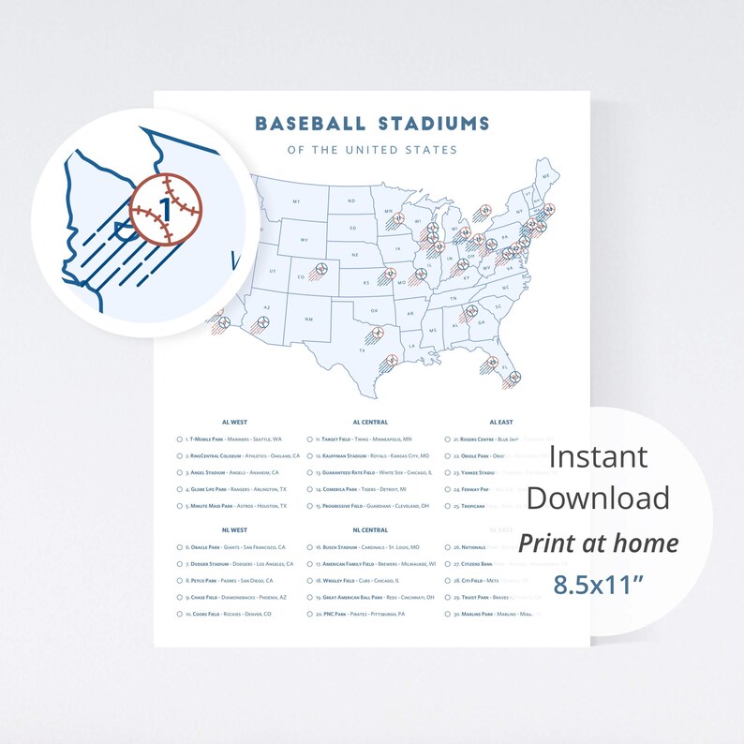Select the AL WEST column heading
coord(234,423)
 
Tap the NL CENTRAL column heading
coord(370,530)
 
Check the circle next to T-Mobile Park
coord(179,439)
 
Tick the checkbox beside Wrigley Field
coord(310,581)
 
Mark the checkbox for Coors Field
coord(179,615)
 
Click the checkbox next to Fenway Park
coord(448,489)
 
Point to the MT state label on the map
coord(296,201)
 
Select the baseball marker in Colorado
coord(322,270)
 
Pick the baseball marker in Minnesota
coord(399,220)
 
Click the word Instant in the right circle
coord(598,456)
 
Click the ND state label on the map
coord(353,201)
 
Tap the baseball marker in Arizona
coord(263,321)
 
